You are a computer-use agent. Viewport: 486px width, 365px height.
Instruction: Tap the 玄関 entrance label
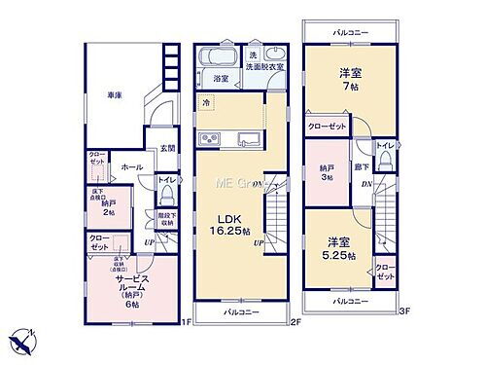pyautogui.click(x=167, y=148)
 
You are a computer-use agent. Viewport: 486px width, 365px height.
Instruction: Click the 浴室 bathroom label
pyautogui.click(x=221, y=79)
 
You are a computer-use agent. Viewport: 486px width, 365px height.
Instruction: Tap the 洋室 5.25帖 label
pyautogui.click(x=339, y=248)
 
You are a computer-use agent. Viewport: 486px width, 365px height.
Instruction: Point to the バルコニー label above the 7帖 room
pyautogui.click(x=349, y=34)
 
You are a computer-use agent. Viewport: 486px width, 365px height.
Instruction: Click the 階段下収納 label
pyautogui.click(x=165, y=219)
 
